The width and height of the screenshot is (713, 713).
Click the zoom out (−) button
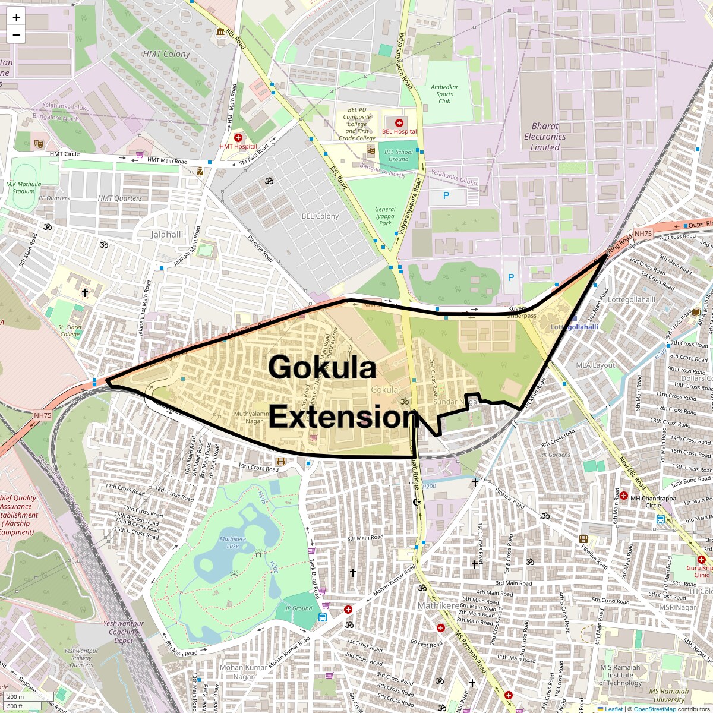pos(16,35)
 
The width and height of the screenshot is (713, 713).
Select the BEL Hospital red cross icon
pos(399,122)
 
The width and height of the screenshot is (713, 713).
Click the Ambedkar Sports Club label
pos(444,94)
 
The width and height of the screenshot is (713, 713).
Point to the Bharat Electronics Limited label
pos(545,137)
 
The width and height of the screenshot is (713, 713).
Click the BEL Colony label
pos(320,216)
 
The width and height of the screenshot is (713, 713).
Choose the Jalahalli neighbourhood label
pos(167,234)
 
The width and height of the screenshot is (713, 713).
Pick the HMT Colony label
pos(166,53)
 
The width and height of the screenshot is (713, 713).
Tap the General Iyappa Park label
pos(385,216)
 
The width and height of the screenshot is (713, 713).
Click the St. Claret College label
pos(70,330)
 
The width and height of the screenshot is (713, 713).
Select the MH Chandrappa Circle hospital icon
pos(624,496)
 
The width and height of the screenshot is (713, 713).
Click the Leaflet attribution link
pos(613,709)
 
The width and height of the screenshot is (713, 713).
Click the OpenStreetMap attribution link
pos(654,709)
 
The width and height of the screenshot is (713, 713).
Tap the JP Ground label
pos(299,608)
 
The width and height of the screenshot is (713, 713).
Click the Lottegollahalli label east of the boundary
pos(632,300)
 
